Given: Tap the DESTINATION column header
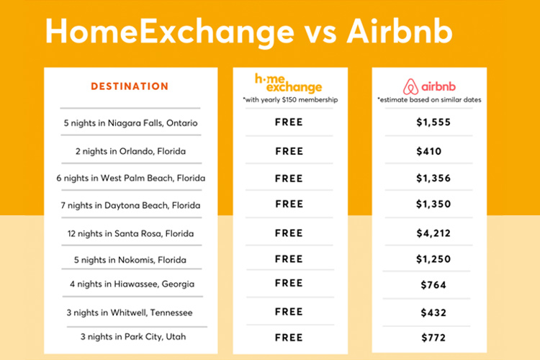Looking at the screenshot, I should click(x=130, y=86).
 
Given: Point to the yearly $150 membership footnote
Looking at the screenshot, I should click(x=289, y=99).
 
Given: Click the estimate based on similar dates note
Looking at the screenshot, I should click(x=429, y=99).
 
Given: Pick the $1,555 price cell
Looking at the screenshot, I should click(x=433, y=122).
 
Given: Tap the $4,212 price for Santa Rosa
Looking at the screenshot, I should click(x=433, y=233).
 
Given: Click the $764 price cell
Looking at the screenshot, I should click(x=433, y=285).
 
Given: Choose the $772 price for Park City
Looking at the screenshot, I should click(x=433, y=337).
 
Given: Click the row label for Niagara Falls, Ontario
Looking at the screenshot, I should click(x=130, y=123).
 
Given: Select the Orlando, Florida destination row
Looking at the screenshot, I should click(x=130, y=151).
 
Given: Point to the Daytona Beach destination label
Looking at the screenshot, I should click(x=130, y=205).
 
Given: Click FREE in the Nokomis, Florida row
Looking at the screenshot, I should click(x=289, y=258).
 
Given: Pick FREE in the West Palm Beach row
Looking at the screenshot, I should click(x=289, y=178).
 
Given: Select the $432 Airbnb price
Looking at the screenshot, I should click(x=433, y=312).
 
